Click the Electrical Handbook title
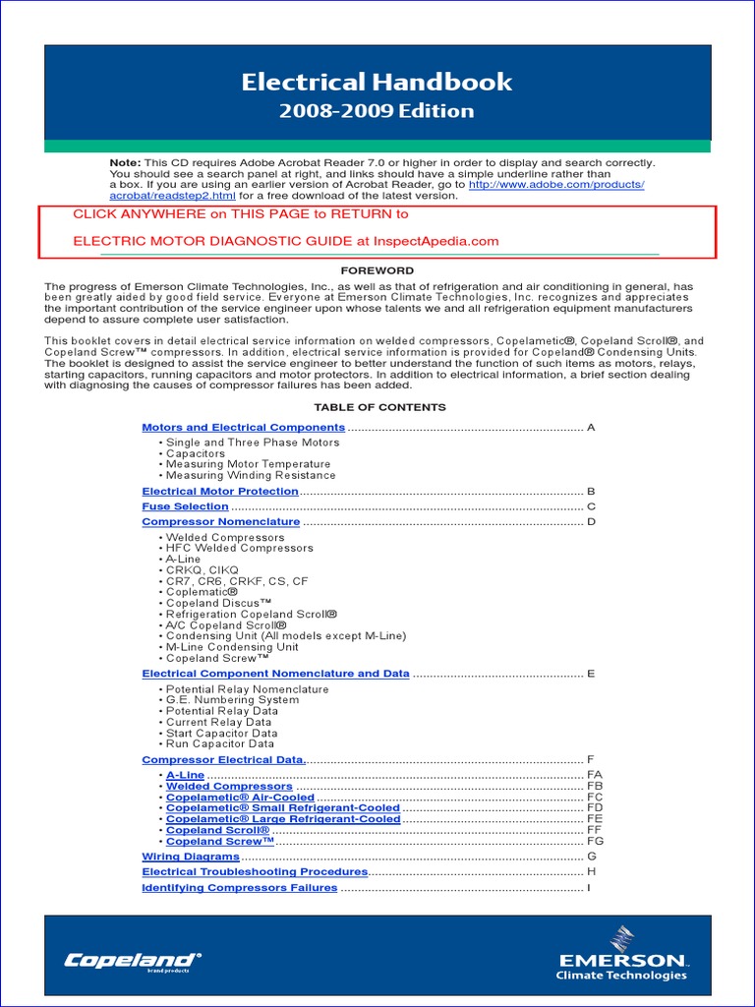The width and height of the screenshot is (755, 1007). click(x=377, y=82)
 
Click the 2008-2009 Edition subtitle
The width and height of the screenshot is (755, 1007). click(x=377, y=111)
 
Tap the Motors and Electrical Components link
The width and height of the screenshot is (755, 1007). click(x=243, y=428)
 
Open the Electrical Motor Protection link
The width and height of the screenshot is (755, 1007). click(x=220, y=491)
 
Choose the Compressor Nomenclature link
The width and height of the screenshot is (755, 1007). click(x=221, y=522)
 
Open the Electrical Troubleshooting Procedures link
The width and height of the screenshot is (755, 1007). click(x=255, y=872)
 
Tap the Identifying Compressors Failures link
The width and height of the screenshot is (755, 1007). click(x=240, y=888)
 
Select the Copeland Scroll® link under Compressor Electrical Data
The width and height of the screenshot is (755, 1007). click(x=217, y=830)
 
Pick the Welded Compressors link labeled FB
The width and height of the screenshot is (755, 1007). click(x=229, y=787)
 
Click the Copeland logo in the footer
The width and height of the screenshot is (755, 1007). click(x=133, y=960)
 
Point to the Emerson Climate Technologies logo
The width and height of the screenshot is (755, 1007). click(x=622, y=956)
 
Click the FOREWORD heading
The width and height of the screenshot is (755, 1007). click(x=377, y=270)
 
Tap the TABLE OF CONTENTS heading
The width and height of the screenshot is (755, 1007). click(x=379, y=407)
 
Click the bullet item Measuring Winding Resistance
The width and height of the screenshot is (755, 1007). click(x=251, y=475)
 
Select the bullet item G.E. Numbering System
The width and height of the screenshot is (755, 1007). click(x=232, y=700)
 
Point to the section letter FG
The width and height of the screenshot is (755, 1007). click(x=595, y=842)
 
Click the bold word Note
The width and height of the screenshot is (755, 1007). click(x=124, y=162)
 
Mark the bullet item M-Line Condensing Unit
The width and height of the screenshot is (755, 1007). click(x=232, y=647)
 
